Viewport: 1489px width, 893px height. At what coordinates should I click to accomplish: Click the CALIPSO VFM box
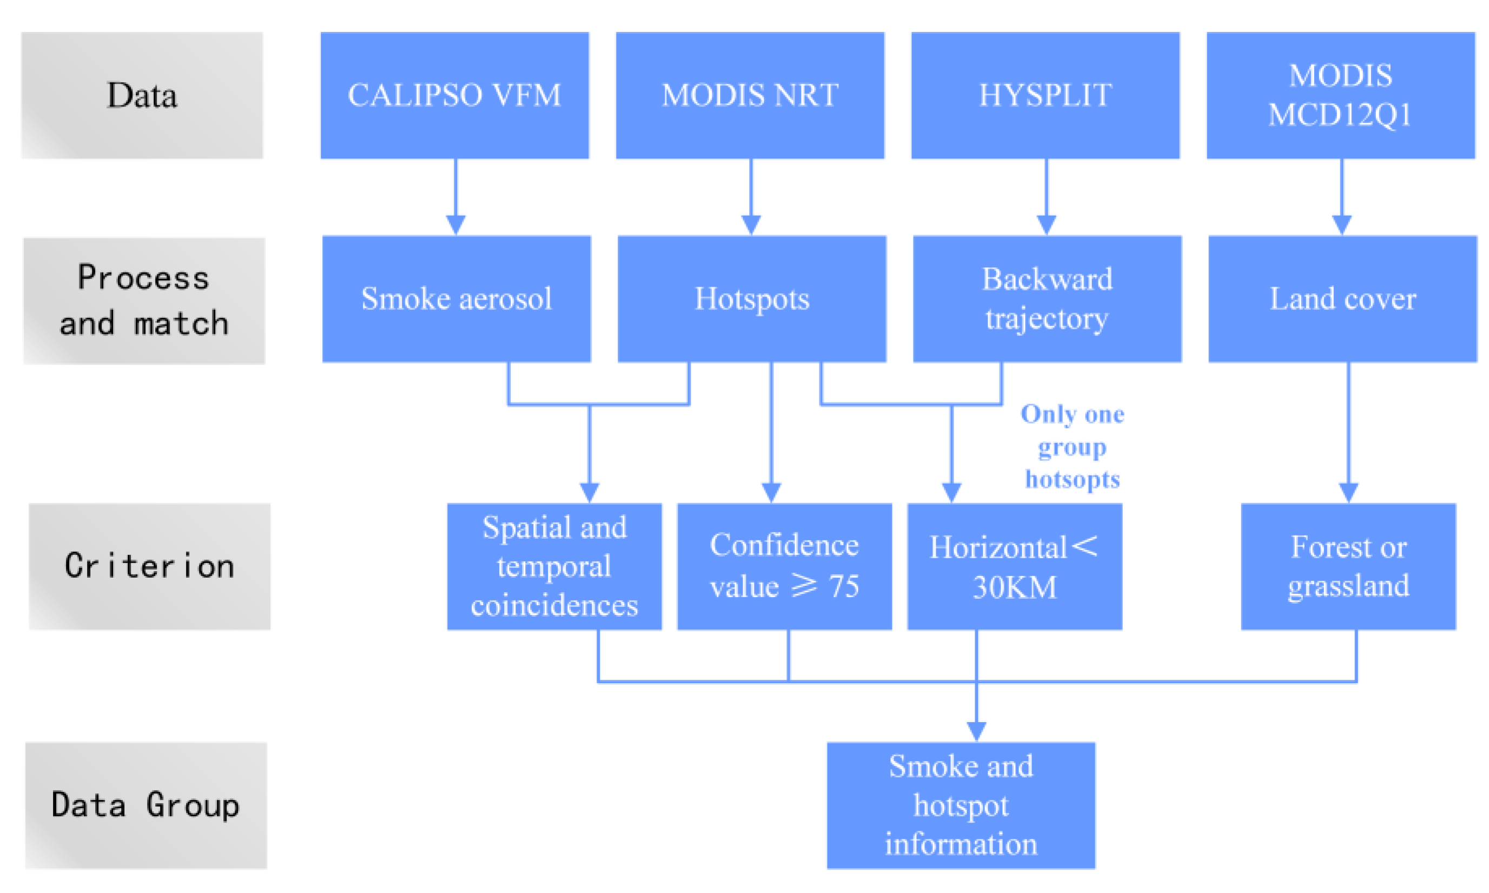point(454,95)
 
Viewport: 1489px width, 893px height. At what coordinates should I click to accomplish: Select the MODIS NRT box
point(750,95)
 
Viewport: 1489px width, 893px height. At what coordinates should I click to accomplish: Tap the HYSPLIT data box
point(1045,95)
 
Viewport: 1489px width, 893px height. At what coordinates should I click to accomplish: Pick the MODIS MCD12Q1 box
point(1340,95)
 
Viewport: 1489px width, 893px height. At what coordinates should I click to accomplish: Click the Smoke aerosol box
point(456,299)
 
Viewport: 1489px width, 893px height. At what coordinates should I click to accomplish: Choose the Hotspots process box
point(751,299)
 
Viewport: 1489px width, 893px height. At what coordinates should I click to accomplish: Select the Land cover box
point(1342,299)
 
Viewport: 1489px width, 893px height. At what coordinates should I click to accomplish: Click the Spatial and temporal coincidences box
point(554,566)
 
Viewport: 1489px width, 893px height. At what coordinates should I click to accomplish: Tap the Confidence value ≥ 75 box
point(784,566)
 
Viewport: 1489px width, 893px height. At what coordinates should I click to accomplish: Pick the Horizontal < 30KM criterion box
point(1014,566)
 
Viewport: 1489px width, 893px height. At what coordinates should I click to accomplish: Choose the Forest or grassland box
point(1348,566)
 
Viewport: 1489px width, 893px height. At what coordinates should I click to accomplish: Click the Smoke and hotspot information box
point(961,805)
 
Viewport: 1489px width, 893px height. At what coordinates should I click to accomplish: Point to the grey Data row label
point(142,95)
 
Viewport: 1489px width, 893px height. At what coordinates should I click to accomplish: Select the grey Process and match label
point(144,300)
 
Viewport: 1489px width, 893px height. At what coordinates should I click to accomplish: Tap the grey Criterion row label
point(149,566)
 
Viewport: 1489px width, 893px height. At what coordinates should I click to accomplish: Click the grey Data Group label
point(145,805)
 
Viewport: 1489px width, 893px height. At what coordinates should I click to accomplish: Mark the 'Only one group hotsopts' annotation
point(1072,447)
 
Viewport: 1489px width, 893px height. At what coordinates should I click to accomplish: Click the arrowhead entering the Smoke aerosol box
point(455,225)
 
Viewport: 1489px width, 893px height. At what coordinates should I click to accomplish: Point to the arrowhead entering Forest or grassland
point(1348,492)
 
